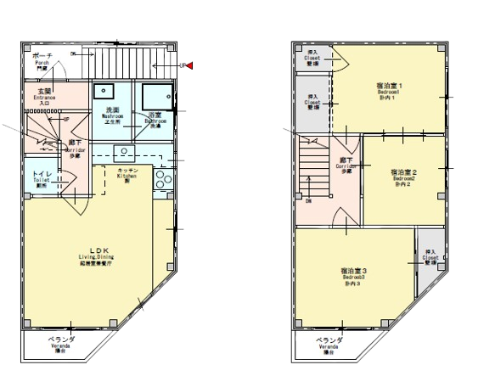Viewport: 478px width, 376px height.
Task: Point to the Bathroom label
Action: click(155, 120)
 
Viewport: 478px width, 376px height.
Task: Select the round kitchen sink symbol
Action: click(125, 153)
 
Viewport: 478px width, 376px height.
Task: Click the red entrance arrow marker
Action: click(189, 64)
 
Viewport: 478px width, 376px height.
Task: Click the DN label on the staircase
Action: click(308, 201)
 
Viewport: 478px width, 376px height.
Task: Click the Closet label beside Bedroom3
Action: click(430, 256)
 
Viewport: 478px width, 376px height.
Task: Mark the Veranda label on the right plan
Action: click(330, 346)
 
